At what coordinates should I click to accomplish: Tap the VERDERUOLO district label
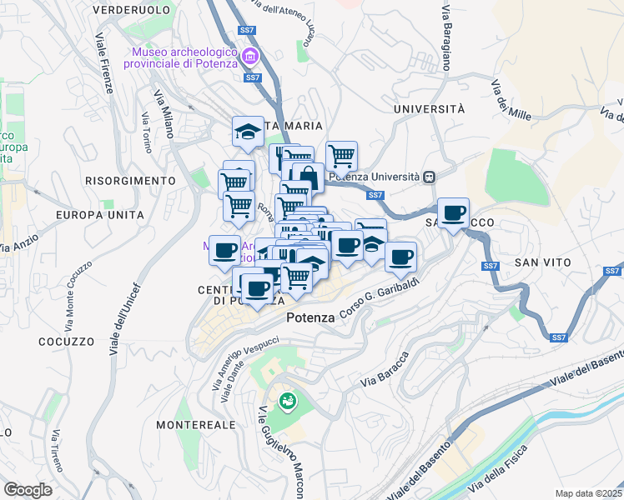click(133, 11)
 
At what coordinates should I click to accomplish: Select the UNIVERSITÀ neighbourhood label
click(429, 109)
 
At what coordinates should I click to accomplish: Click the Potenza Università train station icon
click(430, 177)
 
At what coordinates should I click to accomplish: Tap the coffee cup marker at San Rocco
click(453, 213)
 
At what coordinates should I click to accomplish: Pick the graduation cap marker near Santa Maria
click(248, 131)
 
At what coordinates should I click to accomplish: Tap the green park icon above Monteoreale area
click(288, 402)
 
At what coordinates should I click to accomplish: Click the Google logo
click(28, 490)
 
